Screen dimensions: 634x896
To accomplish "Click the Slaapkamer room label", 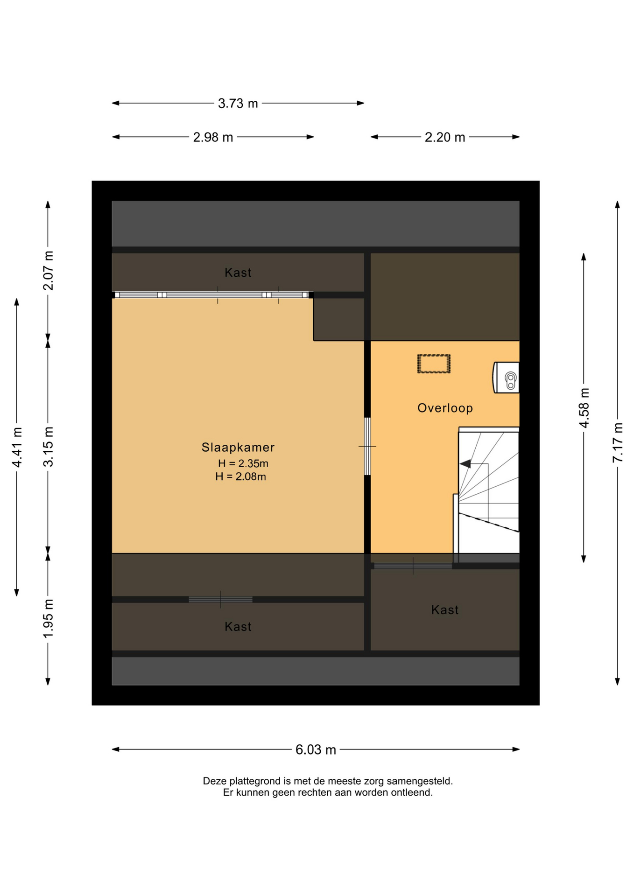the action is point(238,447).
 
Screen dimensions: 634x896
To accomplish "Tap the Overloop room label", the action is point(445,408).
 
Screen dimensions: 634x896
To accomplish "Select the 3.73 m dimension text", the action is point(238,103).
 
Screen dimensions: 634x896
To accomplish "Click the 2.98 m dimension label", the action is point(213,137).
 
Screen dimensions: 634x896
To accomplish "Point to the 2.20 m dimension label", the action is point(445,137).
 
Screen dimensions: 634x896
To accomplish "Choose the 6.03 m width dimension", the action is point(316,749).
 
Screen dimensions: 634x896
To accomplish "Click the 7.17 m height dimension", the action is point(618,442).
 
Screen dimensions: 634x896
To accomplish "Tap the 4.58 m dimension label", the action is point(584,407).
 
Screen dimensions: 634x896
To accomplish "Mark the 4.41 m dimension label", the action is point(17,447).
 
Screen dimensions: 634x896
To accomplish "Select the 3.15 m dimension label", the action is point(48,447).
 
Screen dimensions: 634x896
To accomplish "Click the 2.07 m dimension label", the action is point(48,271).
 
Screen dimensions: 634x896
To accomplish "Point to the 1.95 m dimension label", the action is point(48,619).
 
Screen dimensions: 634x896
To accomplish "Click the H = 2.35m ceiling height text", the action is point(243,463).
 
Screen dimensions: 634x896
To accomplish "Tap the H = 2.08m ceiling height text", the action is point(240,476).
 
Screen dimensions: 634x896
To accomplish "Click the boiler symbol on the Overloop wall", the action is point(506,378).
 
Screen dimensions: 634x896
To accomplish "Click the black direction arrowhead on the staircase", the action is point(465,464).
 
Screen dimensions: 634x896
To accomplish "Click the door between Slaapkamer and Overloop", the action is point(367,447).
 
